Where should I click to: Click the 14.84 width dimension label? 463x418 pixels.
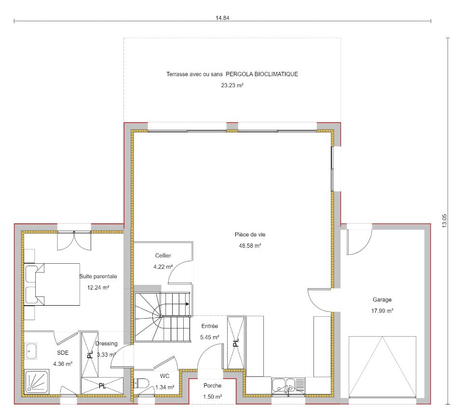click(222, 18)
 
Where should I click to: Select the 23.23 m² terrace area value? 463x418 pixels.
click(232, 85)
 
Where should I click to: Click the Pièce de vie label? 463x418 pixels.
click(250, 235)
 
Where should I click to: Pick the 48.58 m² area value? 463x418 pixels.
click(250, 245)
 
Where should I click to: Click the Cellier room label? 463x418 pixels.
click(163, 256)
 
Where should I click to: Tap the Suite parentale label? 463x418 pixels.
click(98, 277)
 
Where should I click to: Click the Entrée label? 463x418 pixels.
click(209, 326)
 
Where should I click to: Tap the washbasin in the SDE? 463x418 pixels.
click(32, 351)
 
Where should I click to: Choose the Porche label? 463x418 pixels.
click(212, 386)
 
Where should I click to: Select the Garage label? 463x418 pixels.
click(382, 300)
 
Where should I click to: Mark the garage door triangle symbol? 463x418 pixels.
click(382, 366)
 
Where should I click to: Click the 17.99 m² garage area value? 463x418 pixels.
click(382, 311)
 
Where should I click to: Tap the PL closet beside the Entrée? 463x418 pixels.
click(236, 343)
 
